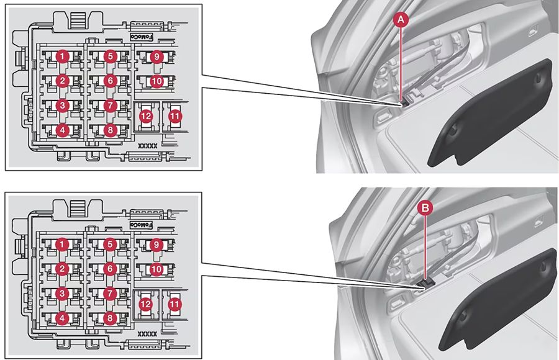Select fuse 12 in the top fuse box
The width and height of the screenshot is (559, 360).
(147, 115)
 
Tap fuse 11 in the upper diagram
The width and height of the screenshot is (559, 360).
(175, 115)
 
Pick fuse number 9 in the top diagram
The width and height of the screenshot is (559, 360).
(157, 56)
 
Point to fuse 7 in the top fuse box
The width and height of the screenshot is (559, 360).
(110, 106)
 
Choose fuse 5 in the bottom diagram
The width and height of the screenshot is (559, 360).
(110, 245)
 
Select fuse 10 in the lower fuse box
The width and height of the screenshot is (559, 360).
(157, 269)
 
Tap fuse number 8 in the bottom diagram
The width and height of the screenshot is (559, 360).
(110, 318)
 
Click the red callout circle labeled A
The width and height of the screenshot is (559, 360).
(402, 20)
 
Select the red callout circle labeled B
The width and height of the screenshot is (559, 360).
(425, 209)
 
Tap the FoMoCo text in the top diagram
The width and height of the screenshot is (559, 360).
(142, 37)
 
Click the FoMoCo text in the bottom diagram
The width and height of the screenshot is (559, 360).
(142, 225)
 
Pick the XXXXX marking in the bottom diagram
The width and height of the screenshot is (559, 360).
(147, 333)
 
